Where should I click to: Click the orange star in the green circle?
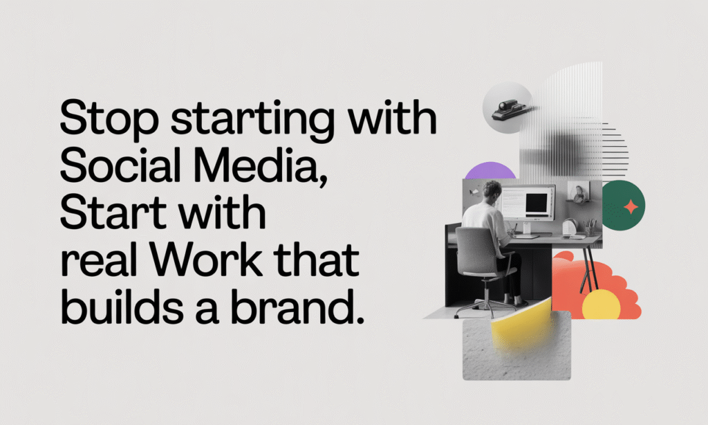pos(630,206)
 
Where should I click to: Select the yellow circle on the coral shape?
pos(600,305)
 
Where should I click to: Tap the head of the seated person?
pos(492,190)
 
